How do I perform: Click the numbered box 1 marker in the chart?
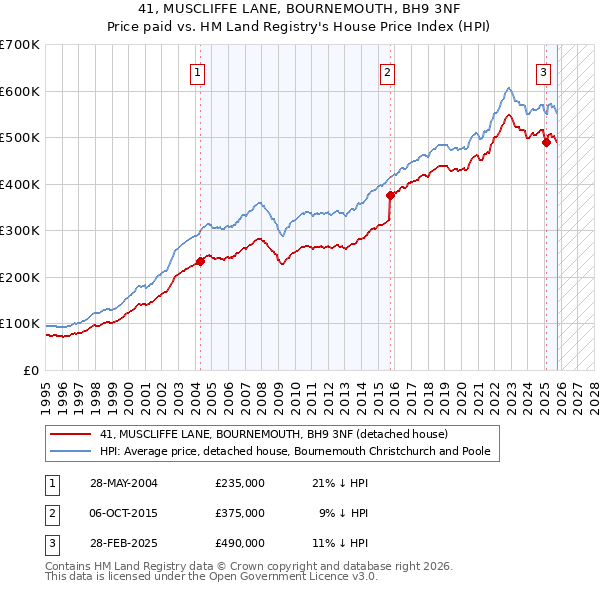[x=198, y=71]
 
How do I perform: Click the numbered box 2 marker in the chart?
[x=386, y=71]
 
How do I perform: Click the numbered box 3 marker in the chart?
[x=543, y=71]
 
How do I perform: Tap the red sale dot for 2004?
[x=200, y=261]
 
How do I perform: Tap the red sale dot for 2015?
[x=391, y=196]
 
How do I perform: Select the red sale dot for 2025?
[x=546, y=142]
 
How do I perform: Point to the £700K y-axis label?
[x=19, y=45]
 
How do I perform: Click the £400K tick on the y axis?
[x=19, y=184]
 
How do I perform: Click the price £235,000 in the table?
[x=240, y=482]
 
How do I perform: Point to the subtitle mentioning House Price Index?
[x=300, y=27]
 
